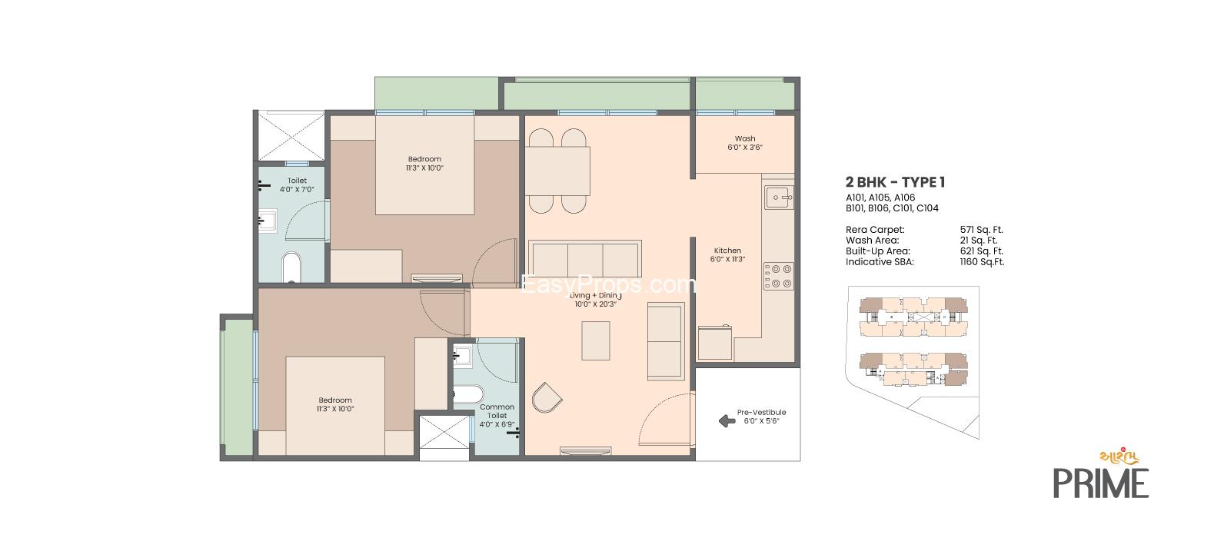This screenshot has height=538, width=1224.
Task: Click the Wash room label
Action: (745, 139)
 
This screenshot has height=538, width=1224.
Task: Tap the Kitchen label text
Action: (727, 251)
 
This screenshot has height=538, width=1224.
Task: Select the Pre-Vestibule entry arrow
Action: (727, 421)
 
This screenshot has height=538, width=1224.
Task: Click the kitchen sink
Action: (779, 198)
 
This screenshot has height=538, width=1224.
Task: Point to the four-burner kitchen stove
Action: (778, 276)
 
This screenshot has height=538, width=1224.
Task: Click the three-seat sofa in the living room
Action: (584, 259)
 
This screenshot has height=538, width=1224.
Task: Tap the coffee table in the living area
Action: (596, 340)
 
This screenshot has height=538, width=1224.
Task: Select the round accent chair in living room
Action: (547, 397)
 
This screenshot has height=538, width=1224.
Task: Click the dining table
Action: (557, 171)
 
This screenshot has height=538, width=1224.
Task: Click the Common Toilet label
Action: (497, 411)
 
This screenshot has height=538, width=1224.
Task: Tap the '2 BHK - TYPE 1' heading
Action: (895, 182)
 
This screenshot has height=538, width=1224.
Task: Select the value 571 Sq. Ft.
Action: (981, 230)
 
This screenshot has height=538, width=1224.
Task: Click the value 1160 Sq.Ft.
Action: (982, 261)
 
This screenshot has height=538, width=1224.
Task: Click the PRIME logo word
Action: (1100, 483)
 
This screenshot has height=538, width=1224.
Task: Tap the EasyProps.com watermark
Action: (608, 284)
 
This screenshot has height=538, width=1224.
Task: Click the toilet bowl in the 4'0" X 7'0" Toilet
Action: (292, 267)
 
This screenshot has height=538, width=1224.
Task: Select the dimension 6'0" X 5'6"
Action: (761, 421)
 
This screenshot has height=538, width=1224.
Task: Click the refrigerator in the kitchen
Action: (715, 343)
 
